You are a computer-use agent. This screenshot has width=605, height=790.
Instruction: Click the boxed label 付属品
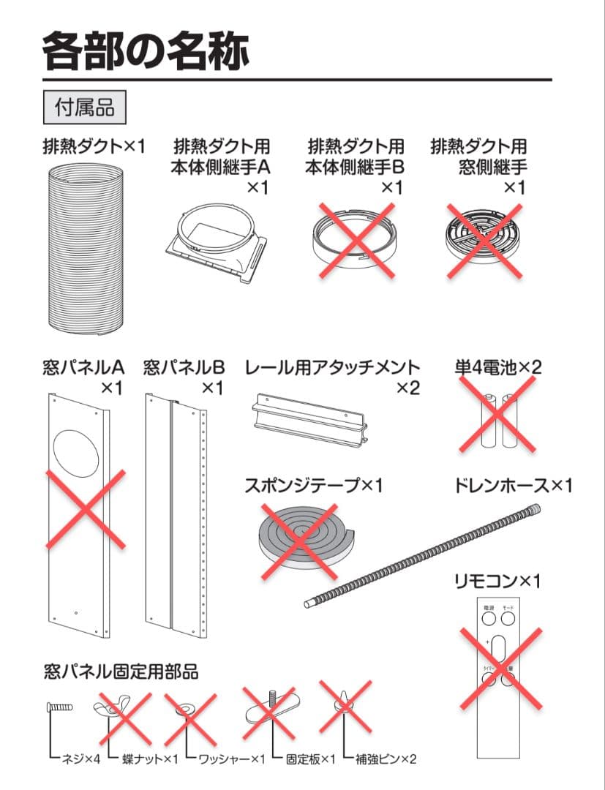85,108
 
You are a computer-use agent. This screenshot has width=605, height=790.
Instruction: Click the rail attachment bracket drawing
309,419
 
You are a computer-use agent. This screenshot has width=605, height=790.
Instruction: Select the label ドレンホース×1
513,485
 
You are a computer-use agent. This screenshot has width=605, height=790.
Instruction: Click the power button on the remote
489,618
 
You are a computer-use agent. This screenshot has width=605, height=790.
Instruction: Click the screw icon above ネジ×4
58,708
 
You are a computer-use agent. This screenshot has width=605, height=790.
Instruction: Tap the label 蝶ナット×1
150,759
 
